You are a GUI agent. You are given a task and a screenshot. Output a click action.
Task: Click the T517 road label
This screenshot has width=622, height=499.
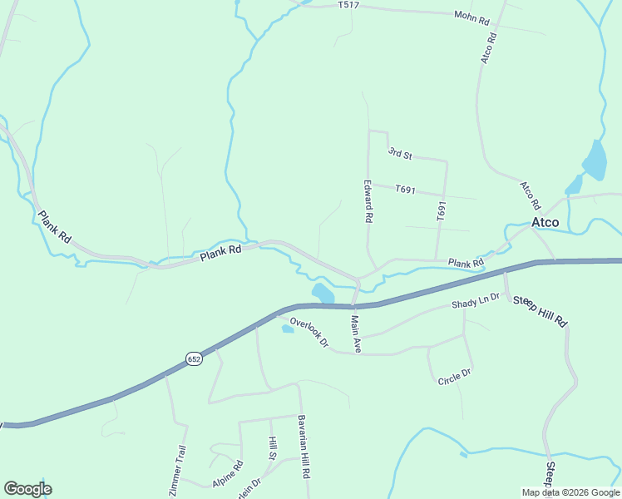[x=348, y=5]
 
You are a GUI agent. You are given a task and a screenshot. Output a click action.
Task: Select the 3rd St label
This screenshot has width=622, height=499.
[x=401, y=154]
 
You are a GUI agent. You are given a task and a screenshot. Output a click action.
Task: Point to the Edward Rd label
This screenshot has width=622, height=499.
[x=368, y=201]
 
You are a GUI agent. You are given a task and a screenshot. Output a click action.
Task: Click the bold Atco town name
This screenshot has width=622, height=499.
[x=545, y=222]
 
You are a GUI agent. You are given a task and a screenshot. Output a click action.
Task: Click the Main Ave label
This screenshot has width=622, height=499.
[x=355, y=333]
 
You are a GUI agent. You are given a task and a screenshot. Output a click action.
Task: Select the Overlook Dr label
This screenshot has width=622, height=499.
[x=309, y=331]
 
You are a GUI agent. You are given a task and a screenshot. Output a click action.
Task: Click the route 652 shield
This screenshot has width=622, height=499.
[x=194, y=358]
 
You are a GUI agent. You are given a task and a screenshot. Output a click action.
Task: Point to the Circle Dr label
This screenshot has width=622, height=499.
[x=455, y=376]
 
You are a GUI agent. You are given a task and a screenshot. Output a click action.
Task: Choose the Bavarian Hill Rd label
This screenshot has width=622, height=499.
[x=304, y=446]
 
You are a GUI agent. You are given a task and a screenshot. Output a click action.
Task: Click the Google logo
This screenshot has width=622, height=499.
[x=27, y=489]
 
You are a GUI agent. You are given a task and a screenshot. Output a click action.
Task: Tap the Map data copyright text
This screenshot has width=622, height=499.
[x=570, y=492]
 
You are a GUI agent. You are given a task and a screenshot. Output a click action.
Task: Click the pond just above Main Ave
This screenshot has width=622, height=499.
[x=323, y=294]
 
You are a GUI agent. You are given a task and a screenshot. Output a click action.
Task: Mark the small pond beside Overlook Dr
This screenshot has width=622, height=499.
[x=288, y=329]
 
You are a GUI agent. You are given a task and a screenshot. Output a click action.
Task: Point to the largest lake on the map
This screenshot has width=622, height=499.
[x=595, y=160]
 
